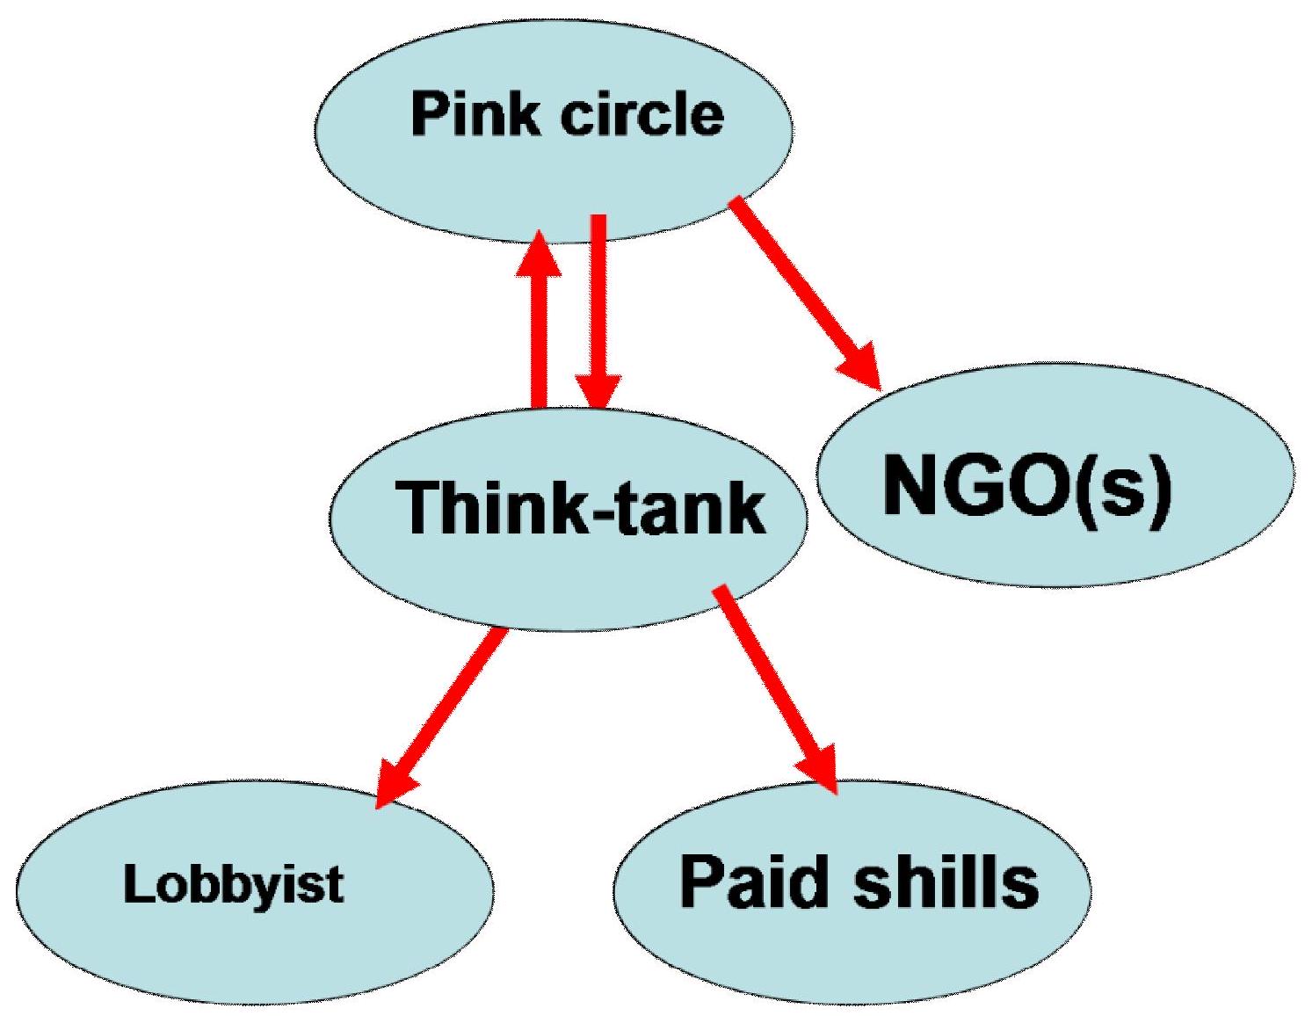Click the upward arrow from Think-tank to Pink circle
tap(538, 334)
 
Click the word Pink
tap(475, 115)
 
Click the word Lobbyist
tap(234, 884)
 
